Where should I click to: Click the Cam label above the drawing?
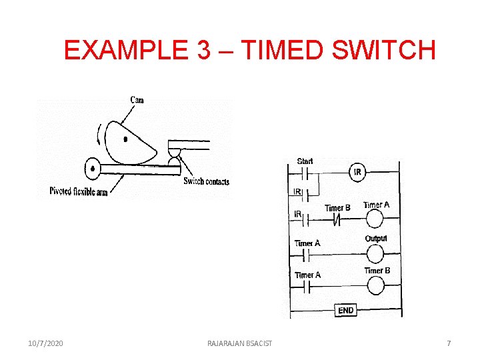click(137, 100)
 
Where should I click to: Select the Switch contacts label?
click(206, 181)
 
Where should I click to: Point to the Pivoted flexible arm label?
click(78, 191)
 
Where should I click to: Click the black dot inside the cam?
click(125, 139)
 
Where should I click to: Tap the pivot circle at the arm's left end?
click(93, 167)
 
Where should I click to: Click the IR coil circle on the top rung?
click(357, 173)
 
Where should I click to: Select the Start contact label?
click(305, 161)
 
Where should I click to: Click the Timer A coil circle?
click(375, 218)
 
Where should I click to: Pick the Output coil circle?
click(375, 253)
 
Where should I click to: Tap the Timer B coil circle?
click(376, 285)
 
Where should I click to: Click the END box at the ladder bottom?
click(346, 310)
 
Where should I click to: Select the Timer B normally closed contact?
click(337, 219)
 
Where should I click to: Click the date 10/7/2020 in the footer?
click(46, 343)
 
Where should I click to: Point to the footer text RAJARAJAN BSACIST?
click(239, 343)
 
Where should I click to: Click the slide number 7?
click(449, 343)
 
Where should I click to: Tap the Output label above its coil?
click(376, 239)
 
